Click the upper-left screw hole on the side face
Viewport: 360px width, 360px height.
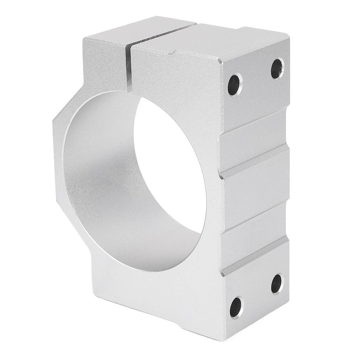(x=235, y=85)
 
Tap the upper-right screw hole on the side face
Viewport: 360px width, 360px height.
(x=278, y=69)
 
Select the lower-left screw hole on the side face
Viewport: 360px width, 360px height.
(x=236, y=307)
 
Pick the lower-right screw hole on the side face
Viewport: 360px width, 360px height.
(x=277, y=283)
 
